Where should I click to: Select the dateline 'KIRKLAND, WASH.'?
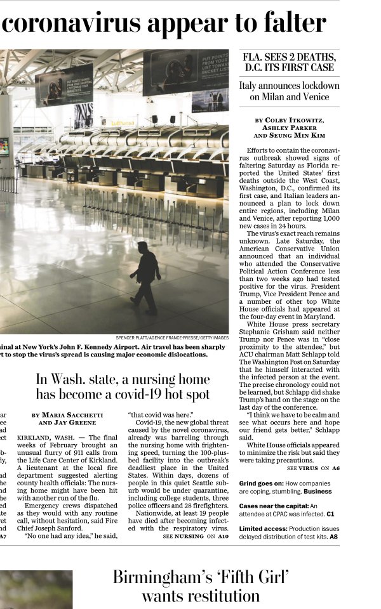[48, 438]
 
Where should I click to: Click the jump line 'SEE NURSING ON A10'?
[196, 537]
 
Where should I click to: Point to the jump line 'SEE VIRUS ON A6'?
[313, 468]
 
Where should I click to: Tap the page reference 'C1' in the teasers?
[330, 514]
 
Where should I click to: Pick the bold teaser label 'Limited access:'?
[263, 528]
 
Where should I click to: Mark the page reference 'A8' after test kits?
[333, 537]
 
